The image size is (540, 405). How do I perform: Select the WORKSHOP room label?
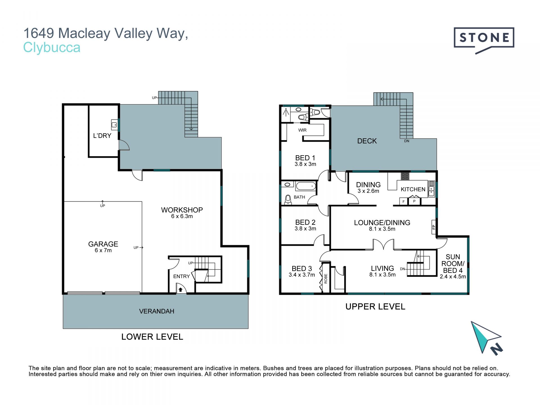[x=182, y=210]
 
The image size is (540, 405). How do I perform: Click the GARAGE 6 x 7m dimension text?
[x=103, y=250]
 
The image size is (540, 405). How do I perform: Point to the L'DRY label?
[x=102, y=136]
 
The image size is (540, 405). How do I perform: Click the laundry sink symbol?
[x=114, y=125]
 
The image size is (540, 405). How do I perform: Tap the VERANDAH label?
[x=157, y=311]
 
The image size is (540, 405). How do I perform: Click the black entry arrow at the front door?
[x=181, y=290]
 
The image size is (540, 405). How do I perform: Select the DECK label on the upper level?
[x=367, y=141]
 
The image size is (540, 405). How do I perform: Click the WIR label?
[x=302, y=130]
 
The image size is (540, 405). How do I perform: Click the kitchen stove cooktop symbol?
[x=405, y=176]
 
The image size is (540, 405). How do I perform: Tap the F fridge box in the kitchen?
[x=404, y=201]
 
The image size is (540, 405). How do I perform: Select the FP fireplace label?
[x=434, y=227]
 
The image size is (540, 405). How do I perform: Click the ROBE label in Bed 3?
[x=326, y=278]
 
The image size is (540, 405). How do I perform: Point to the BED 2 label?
[x=305, y=222]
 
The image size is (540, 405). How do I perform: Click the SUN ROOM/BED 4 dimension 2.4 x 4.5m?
[x=453, y=276]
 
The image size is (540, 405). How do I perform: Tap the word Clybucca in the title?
[x=52, y=47]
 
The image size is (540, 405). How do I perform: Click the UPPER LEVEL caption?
[x=375, y=307]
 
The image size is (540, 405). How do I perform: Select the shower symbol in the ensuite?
[x=286, y=113]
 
